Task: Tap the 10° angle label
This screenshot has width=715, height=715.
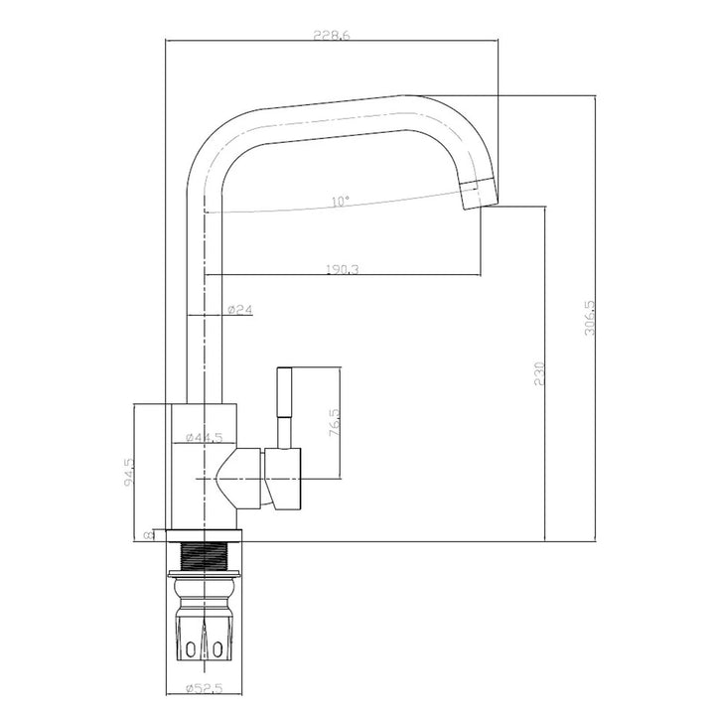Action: pyautogui.click(x=341, y=202)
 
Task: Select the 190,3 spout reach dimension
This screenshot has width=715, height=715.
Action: pyautogui.click(x=342, y=268)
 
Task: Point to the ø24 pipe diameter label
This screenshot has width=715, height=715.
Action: pyautogui.click(x=240, y=310)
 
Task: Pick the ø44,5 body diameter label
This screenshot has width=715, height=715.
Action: pyautogui.click(x=203, y=437)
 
